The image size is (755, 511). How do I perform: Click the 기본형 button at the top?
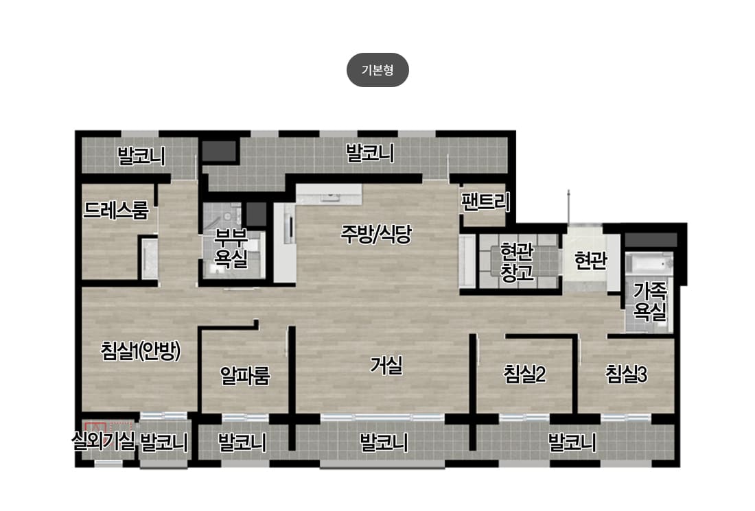(377, 70)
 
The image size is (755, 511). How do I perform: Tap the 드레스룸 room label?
(115, 211)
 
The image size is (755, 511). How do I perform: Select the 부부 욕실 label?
(231, 248)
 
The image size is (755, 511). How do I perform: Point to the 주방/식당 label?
(376, 235)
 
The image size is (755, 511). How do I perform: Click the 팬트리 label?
(485, 202)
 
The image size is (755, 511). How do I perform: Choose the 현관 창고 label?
(517, 262)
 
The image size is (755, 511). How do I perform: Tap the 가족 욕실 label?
(649, 301)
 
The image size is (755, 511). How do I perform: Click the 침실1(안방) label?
(141, 350)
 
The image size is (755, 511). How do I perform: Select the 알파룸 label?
(245, 375)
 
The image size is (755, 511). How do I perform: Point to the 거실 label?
(386, 365)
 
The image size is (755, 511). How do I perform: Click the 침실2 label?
(524, 374)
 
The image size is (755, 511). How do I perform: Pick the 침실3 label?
(626, 374)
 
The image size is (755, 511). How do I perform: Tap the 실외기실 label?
(103, 441)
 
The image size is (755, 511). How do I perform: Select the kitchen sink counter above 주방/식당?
(329, 194)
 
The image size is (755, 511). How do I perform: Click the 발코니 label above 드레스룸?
(141, 156)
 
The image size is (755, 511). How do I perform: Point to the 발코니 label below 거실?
(384, 442)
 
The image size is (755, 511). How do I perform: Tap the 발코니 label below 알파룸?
(242, 442)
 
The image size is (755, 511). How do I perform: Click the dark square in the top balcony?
(219, 151)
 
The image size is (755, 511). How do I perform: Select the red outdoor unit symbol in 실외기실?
(95, 427)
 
